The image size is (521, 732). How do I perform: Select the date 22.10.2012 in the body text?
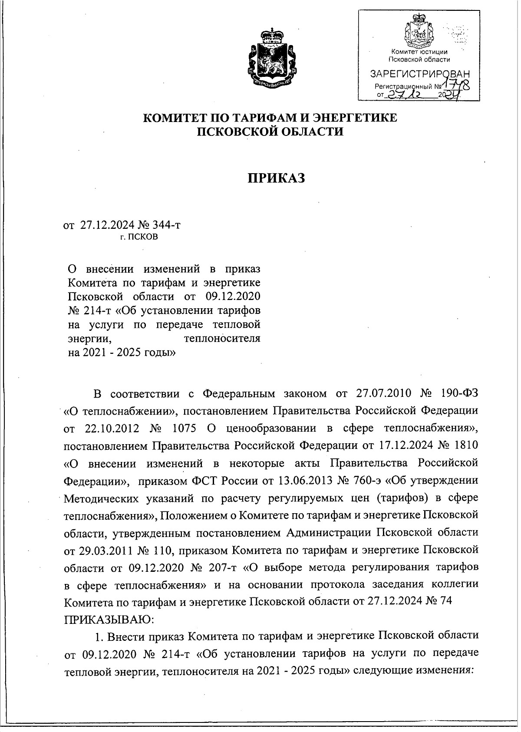pos(110,429)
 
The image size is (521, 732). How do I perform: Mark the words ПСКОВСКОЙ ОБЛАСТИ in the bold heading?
pos(270,131)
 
